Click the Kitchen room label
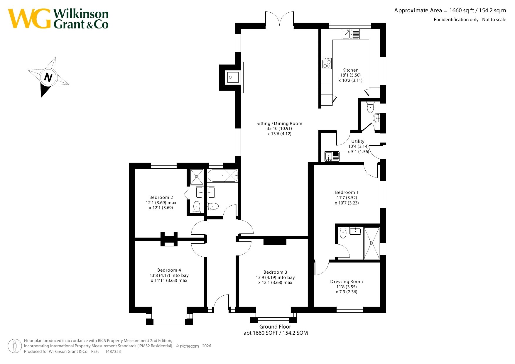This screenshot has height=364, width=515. (x=350, y=70)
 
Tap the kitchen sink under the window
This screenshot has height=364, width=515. (x=351, y=34)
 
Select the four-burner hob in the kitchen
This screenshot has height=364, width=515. (x=327, y=63)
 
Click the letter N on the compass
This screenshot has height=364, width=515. (x=48, y=77)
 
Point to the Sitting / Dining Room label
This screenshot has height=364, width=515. (x=279, y=123)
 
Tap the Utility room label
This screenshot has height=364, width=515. (x=358, y=141)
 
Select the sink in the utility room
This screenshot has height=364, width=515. (x=332, y=156)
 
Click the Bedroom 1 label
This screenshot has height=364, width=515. (x=347, y=192)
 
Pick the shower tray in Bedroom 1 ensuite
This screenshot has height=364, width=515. (x=372, y=243)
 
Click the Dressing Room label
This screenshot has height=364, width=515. (x=347, y=282)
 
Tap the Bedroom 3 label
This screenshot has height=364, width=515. (x=275, y=272)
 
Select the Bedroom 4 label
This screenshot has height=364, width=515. (x=169, y=270)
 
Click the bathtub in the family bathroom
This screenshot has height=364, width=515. (x=223, y=176)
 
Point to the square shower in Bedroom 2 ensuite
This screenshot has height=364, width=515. (x=197, y=177)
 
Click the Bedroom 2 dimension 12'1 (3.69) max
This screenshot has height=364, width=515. (x=161, y=203)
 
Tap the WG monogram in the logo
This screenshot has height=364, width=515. (x=29, y=18)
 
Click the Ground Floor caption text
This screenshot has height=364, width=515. (x=275, y=327)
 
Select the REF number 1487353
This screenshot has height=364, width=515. (x=113, y=351)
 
